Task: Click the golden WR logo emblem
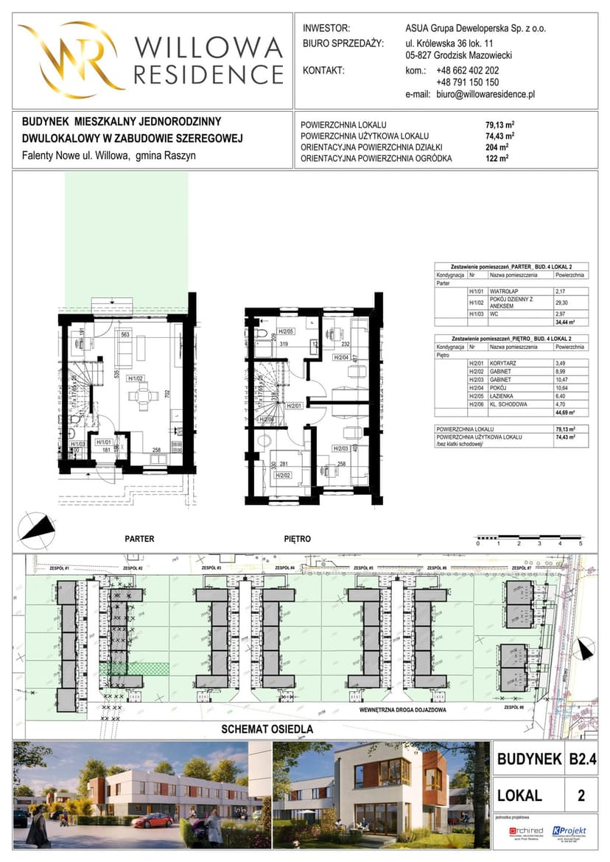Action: tap(71, 57)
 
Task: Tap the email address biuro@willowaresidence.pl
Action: tap(485, 95)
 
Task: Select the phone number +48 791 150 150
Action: tap(467, 83)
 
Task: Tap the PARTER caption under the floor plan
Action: tap(139, 539)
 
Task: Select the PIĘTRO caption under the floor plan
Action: tap(297, 539)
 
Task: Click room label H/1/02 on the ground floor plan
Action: tap(134, 379)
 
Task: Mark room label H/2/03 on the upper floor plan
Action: tap(340, 448)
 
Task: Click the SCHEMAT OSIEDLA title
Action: tap(267, 729)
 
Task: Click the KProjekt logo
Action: tap(569, 831)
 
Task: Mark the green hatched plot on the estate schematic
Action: tap(147, 667)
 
